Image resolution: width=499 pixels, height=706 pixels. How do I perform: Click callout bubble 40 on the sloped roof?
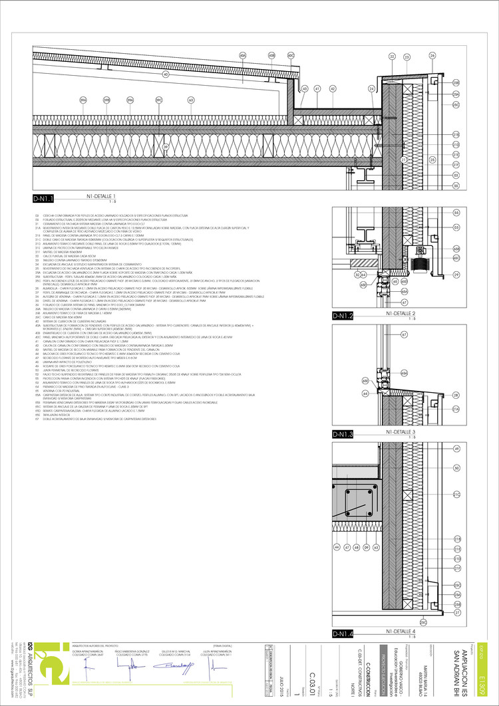tap(166, 74)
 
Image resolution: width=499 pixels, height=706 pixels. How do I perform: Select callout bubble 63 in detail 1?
tap(191, 100)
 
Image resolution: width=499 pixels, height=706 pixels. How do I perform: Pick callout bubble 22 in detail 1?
tap(393, 57)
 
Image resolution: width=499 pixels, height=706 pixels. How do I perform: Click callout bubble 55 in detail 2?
tap(456, 213)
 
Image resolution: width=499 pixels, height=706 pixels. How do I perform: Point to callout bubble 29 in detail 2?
tap(456, 274)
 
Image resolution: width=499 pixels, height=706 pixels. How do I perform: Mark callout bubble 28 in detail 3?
tap(456, 395)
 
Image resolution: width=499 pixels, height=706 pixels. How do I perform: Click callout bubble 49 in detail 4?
tap(456, 450)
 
